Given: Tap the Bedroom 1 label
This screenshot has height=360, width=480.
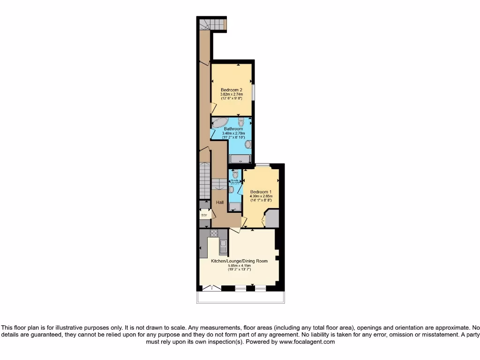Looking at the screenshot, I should [x=260, y=192].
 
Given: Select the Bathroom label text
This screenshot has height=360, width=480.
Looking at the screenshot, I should [x=233, y=129].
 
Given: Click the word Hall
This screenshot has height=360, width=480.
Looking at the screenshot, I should [x=220, y=202].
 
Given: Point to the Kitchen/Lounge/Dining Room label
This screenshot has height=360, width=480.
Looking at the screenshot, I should [x=239, y=261].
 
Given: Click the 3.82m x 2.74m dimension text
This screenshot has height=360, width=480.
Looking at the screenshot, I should [x=232, y=94].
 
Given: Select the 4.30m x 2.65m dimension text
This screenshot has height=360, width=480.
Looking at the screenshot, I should [x=260, y=196].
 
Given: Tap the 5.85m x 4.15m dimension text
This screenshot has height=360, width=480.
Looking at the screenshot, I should [x=239, y=266].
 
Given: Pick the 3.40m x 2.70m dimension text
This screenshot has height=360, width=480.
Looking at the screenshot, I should [x=233, y=133].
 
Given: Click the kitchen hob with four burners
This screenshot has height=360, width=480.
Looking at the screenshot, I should [x=214, y=233].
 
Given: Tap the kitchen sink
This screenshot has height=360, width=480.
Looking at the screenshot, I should [x=223, y=245].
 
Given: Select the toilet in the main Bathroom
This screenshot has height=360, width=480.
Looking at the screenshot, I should [x=241, y=122].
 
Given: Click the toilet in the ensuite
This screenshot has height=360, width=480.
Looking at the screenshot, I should [x=235, y=175].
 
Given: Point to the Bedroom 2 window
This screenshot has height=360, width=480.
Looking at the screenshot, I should [x=253, y=91].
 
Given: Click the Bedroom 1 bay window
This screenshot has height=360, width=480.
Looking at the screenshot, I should [x=262, y=165].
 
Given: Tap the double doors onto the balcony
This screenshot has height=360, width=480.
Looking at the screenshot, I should [x=215, y=288].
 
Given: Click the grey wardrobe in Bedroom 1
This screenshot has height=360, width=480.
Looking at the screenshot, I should [x=272, y=219].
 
